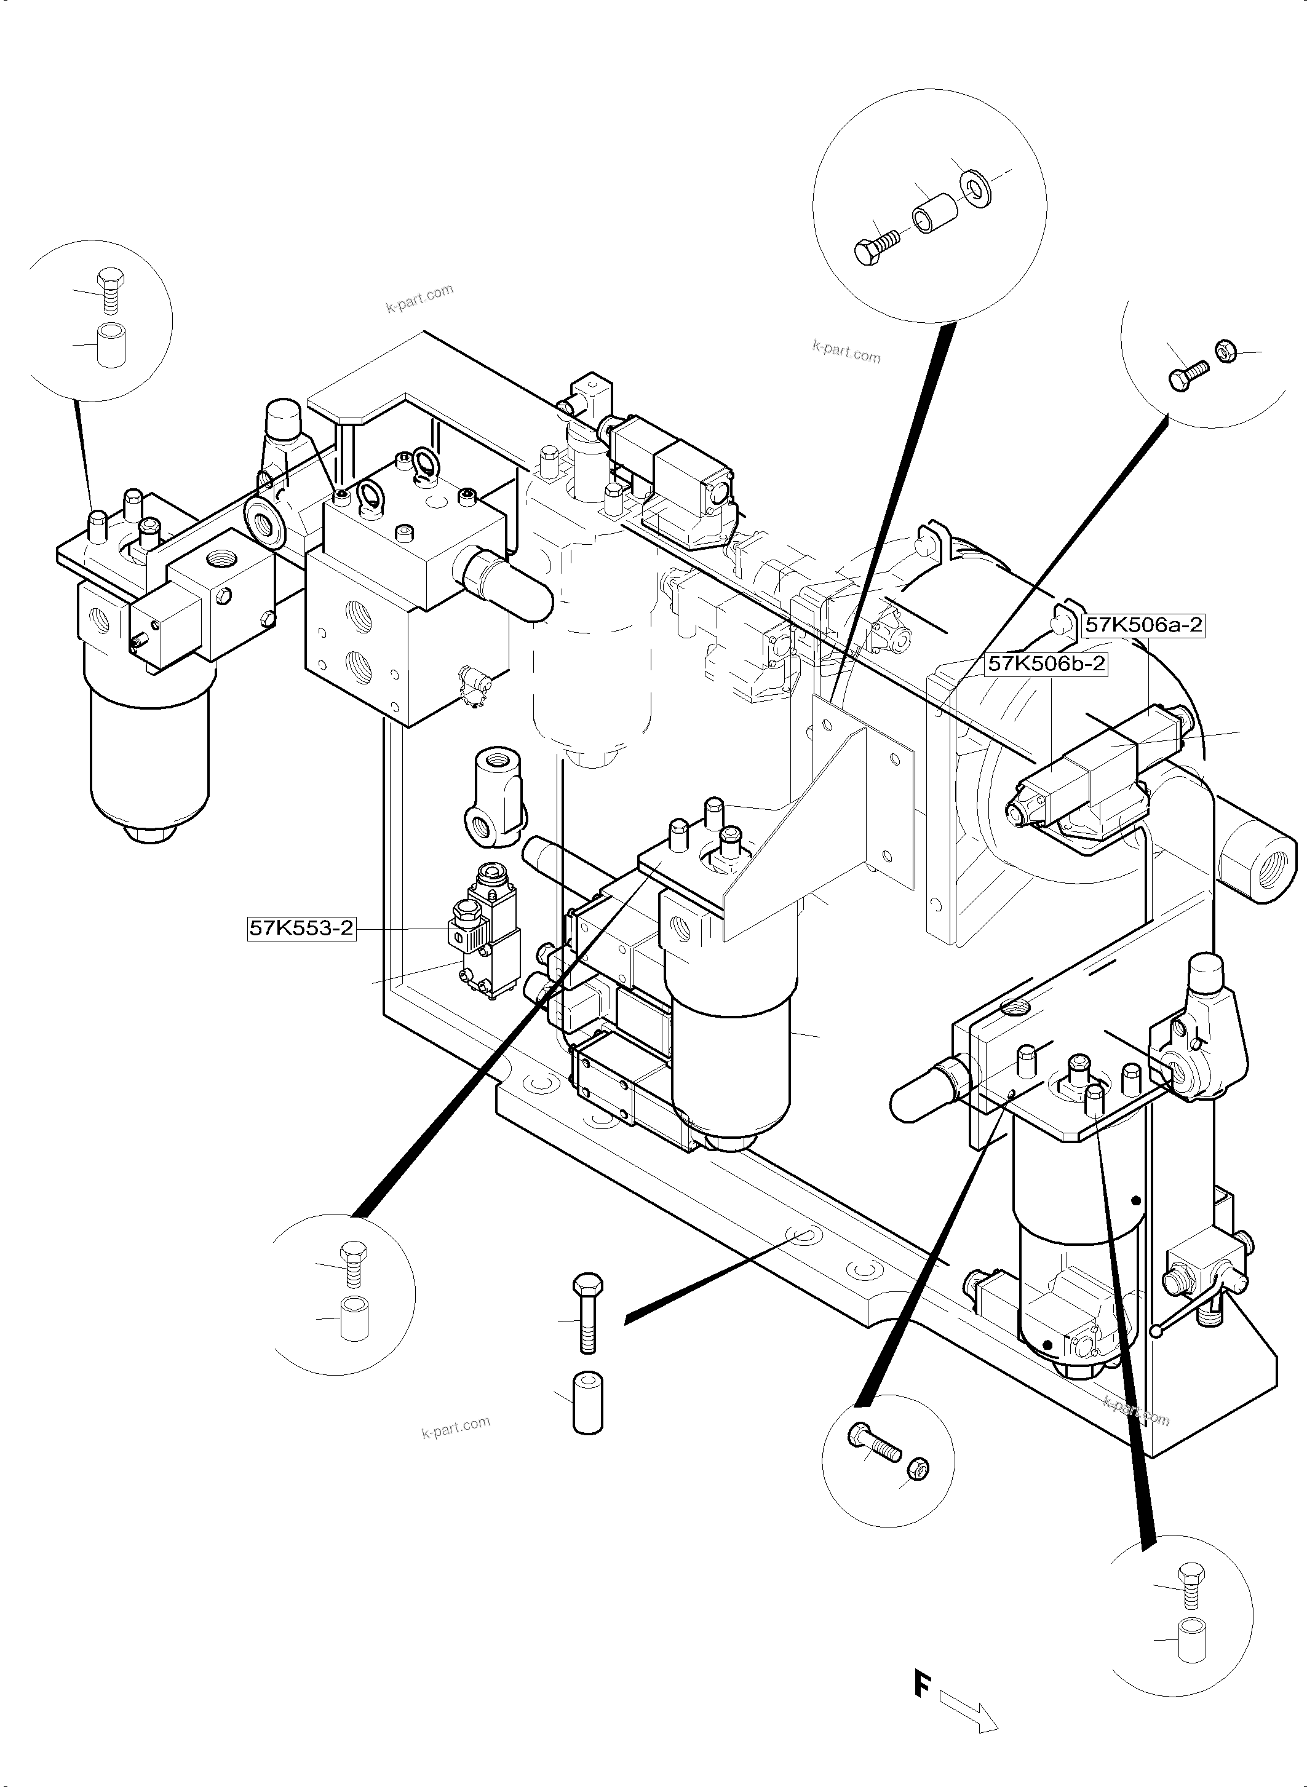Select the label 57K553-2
tap(301, 927)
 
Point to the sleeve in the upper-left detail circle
tap(110, 345)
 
